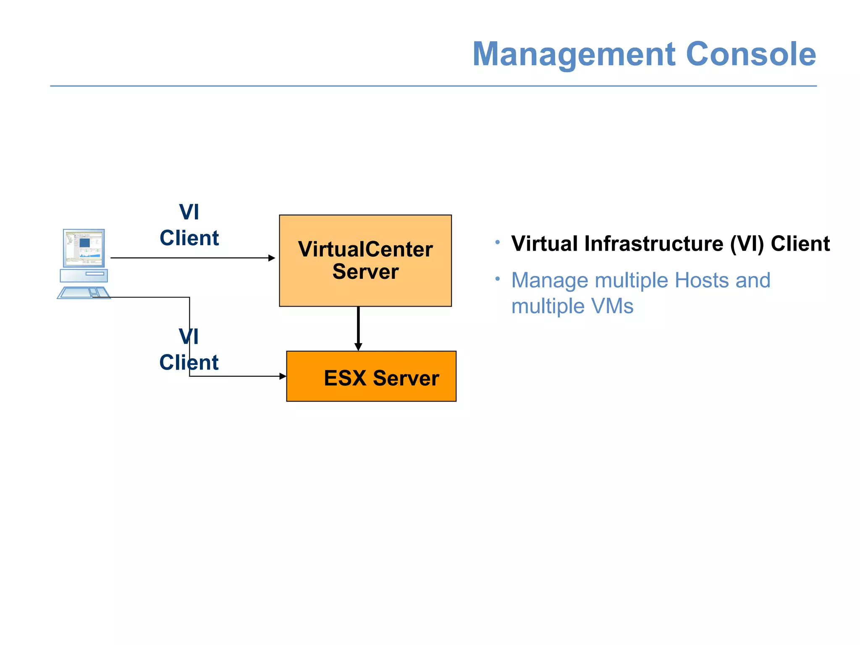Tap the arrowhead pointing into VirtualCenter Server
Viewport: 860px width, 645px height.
272,258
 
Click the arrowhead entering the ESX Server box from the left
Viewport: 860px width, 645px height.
283,376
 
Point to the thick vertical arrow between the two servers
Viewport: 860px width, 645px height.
358,328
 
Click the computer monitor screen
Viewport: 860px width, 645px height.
84,247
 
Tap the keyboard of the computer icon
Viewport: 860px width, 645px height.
84,293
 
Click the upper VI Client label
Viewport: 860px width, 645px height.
189,225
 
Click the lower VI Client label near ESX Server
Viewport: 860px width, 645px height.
189,350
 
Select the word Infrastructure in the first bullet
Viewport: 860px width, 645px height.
654,244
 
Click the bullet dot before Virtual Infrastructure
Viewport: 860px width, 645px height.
497,242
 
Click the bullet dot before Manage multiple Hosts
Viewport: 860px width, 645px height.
497,279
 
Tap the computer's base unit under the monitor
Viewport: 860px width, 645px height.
84,275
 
